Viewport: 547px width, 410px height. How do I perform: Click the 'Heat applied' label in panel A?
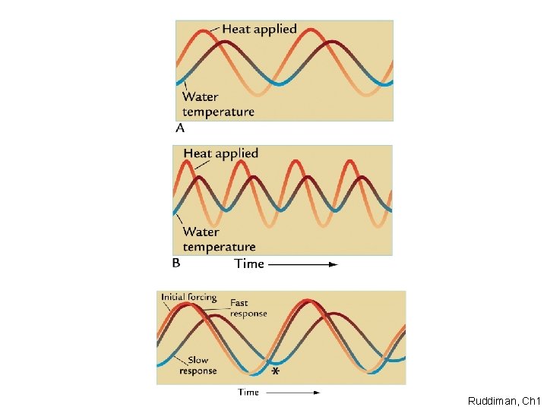pos(259,30)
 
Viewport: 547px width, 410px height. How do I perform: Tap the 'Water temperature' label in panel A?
pos(218,104)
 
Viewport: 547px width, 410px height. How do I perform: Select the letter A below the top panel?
pos(180,128)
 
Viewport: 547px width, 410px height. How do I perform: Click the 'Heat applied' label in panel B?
pos(221,153)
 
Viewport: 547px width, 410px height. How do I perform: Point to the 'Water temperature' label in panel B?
pos(219,239)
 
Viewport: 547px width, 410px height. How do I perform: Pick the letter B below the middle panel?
pos(176,263)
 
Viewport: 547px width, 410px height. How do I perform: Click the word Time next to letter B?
pos(249,263)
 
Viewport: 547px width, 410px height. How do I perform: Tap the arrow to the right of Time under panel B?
pos(302,264)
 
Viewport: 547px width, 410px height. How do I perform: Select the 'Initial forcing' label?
pos(188,298)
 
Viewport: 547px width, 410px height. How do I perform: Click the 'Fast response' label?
pos(248,308)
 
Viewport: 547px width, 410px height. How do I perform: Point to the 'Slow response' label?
pos(198,365)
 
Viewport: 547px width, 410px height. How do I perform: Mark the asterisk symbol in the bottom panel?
pos(275,372)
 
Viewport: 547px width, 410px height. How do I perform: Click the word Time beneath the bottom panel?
pos(248,392)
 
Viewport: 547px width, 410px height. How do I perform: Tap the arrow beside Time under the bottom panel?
pos(292,392)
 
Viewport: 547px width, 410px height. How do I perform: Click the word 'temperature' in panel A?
pos(219,112)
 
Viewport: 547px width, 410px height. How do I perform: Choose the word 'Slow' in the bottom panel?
pos(198,360)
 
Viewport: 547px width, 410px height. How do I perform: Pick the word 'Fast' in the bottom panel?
pos(239,303)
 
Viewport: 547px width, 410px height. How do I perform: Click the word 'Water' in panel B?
pos(201,232)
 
